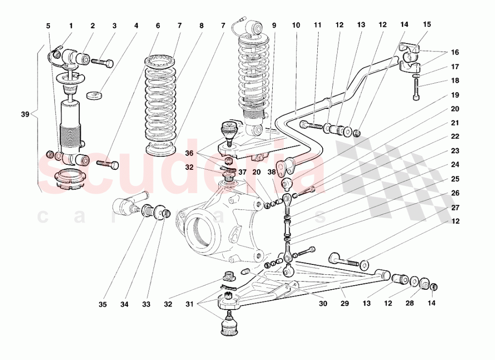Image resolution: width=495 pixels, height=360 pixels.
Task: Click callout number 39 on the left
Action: (25, 114)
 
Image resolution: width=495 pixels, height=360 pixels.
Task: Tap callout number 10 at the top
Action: (296, 25)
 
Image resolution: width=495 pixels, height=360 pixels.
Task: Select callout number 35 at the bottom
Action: (102, 305)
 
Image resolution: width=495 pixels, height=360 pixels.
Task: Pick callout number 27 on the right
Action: (455, 207)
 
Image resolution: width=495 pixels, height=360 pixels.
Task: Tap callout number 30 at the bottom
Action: (323, 305)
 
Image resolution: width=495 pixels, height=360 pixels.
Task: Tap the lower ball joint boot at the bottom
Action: (229, 326)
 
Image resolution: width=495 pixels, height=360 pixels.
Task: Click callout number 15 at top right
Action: (427, 24)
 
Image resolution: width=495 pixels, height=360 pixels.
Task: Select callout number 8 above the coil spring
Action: (201, 25)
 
